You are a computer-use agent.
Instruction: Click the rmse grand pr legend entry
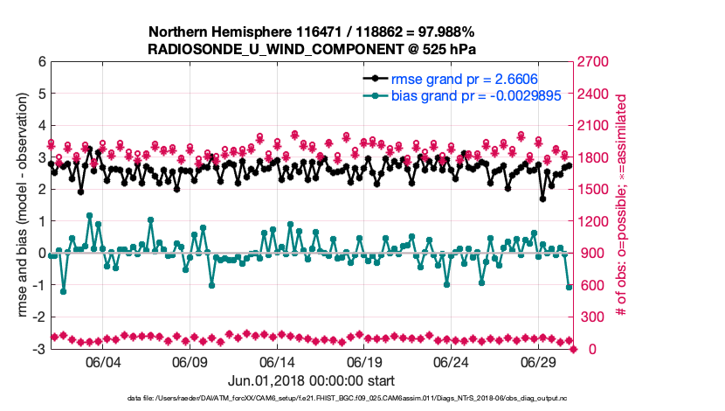point(463,79)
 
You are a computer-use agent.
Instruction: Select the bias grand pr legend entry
point(464,95)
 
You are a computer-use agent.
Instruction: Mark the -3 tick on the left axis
point(38,349)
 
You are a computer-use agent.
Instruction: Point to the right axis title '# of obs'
point(622,205)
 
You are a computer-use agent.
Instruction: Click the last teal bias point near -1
point(570,287)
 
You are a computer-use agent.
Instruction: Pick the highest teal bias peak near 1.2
point(90,215)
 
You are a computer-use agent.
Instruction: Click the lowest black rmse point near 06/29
point(542,199)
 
